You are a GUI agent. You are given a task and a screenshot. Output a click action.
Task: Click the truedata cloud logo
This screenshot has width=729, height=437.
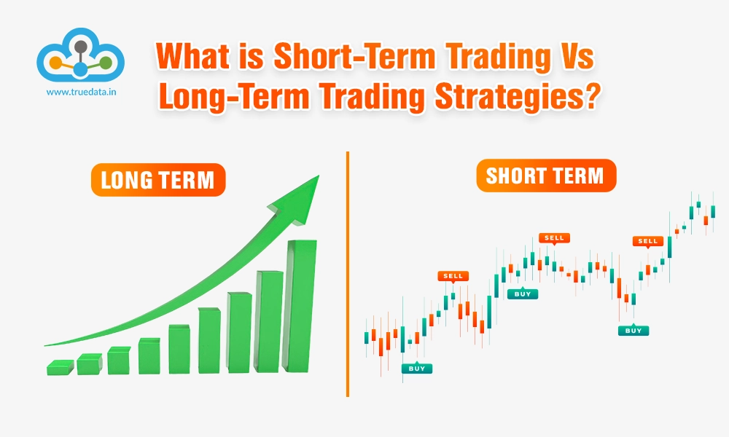81,56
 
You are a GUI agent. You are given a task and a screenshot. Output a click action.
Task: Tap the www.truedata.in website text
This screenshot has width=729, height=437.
81,92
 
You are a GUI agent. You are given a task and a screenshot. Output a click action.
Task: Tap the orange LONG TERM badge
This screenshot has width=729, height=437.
157,180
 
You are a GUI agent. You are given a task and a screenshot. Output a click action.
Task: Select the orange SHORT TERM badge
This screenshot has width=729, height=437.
545,176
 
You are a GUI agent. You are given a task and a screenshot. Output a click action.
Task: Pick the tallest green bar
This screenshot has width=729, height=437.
300,306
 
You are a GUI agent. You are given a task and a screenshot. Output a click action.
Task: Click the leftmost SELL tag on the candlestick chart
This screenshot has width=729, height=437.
453,276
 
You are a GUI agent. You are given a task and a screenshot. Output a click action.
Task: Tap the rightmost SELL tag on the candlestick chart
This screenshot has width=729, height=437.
647,240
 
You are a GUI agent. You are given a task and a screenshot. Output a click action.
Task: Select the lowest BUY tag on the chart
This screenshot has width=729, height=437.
416,369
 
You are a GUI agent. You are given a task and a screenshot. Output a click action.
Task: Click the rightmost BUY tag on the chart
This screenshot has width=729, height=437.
634,330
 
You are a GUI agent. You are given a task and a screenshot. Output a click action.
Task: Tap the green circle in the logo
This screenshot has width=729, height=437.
106,63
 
